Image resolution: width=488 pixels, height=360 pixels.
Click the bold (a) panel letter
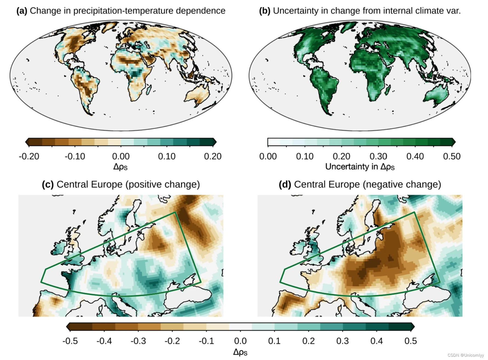[22, 11]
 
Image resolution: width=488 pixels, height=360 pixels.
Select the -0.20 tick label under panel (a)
[29, 156]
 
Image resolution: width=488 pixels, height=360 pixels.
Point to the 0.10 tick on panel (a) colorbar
[167, 156]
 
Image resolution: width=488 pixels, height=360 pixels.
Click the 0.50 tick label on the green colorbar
[452, 156]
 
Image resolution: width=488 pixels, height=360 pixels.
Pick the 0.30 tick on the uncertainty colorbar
[378, 156]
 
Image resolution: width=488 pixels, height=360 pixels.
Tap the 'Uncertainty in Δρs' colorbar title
[360, 166]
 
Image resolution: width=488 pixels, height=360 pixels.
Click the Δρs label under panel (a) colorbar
[120, 166]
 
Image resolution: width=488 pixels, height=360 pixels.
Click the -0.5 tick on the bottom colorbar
[70, 341]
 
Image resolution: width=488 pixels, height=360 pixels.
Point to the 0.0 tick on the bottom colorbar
[240, 341]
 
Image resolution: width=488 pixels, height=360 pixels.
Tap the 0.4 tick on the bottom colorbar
[376, 341]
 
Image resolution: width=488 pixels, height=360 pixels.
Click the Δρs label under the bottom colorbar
[240, 352]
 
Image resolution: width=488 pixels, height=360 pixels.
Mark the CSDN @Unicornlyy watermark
[466, 355]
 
